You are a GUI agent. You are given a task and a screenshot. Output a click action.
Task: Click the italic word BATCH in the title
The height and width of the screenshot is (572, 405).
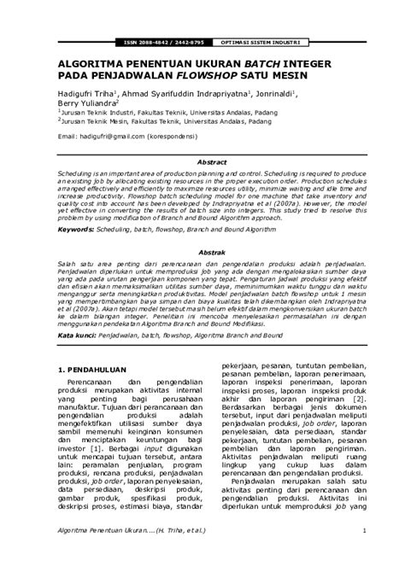click(268, 63)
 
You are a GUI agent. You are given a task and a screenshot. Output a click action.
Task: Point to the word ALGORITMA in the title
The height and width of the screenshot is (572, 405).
click(91, 63)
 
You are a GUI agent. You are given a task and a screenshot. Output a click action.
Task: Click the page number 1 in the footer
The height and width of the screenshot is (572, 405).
click(363, 555)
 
